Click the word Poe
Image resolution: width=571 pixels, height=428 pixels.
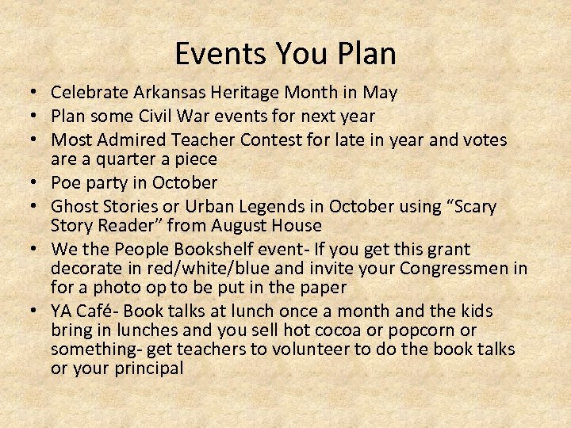67,182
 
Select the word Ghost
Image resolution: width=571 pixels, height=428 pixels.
73,207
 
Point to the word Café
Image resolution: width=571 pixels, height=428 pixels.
94,311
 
